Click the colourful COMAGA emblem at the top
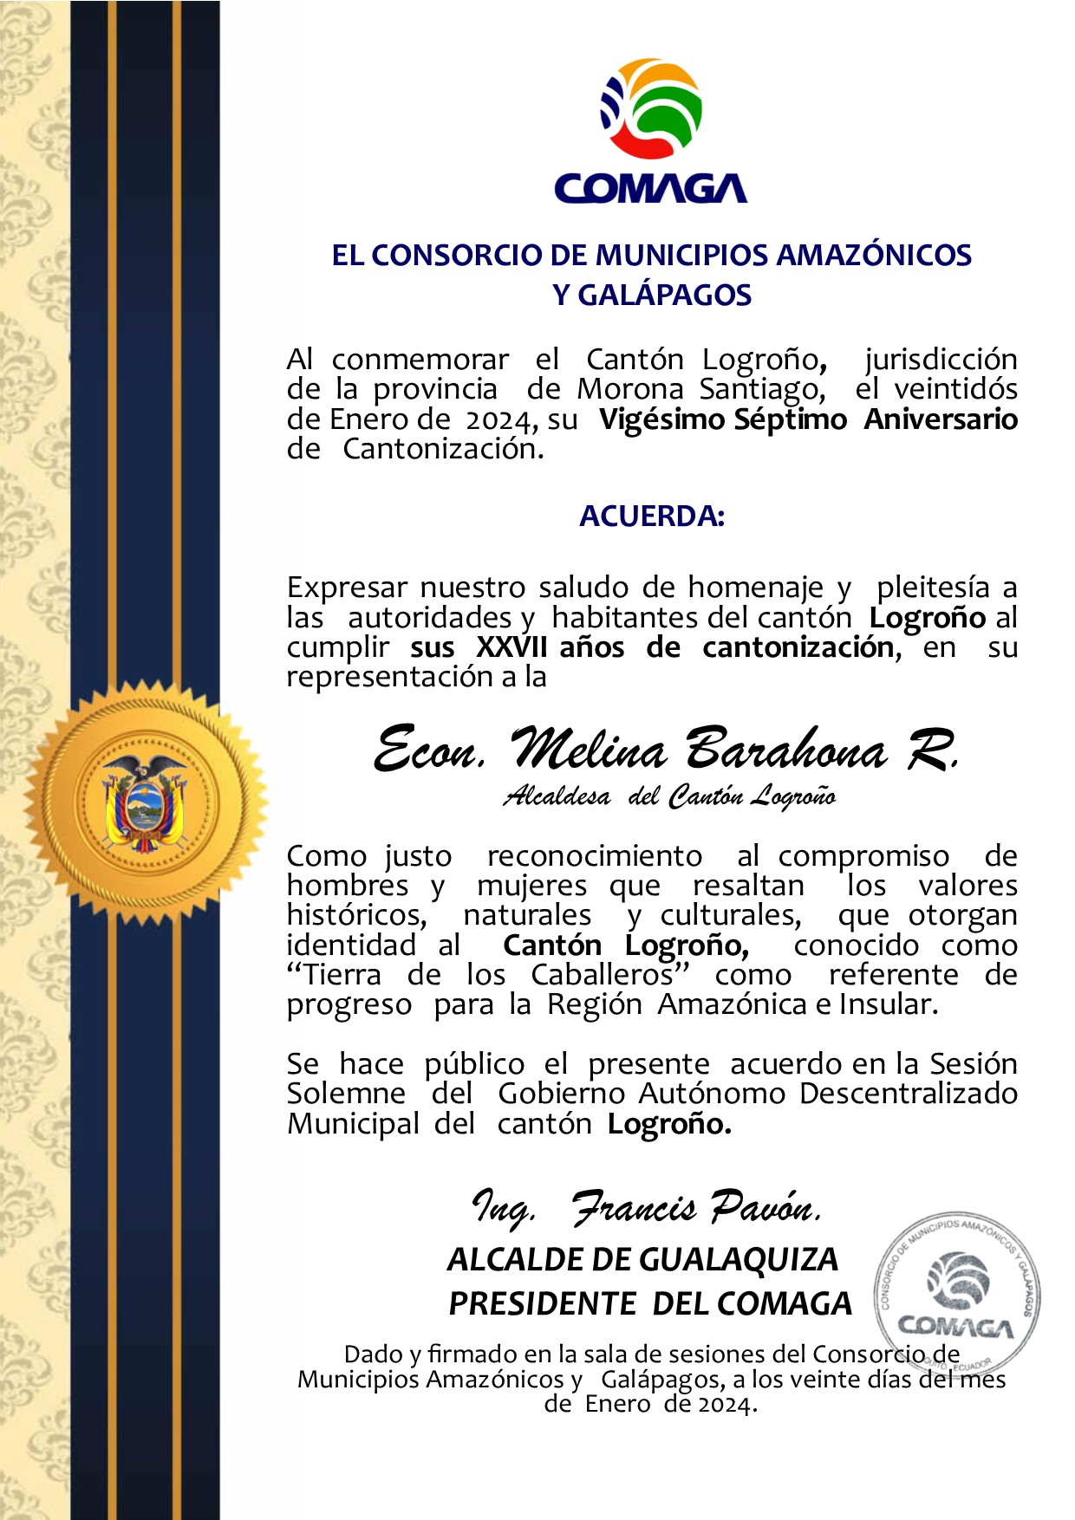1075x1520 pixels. tap(651, 108)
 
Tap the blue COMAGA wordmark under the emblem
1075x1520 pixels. tap(650, 188)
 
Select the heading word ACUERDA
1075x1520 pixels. tap(651, 516)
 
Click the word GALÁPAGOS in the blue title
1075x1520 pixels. tap(664, 296)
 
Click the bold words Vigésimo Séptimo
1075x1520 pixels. tap(722, 419)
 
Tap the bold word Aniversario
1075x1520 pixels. tap(941, 419)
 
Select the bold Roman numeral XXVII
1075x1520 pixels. tap(511, 647)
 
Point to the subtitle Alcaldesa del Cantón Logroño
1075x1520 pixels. tap(668, 796)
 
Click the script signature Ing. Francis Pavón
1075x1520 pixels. tap(646, 1208)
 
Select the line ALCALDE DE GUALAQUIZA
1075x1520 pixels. tap(642, 1260)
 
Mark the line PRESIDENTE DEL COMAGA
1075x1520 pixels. tap(650, 1304)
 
